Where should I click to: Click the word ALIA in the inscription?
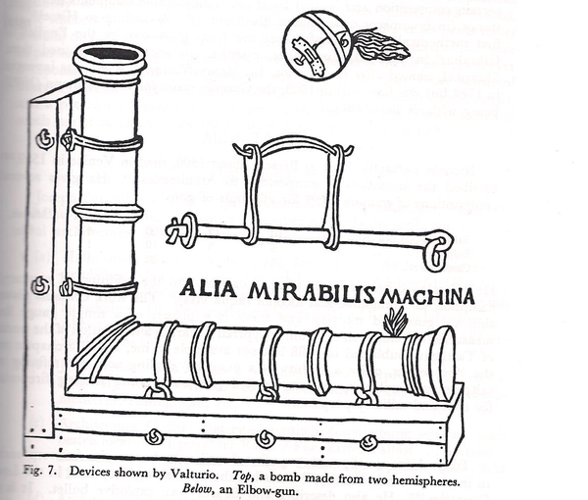207,289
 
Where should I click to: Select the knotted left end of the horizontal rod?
177,231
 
